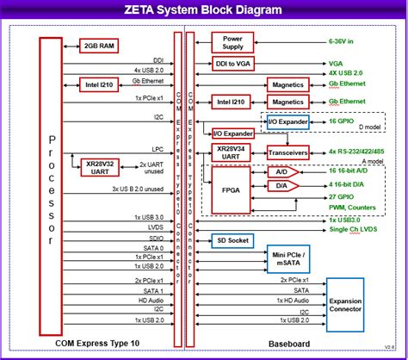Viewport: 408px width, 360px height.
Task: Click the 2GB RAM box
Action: click(100, 45)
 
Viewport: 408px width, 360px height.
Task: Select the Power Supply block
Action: click(233, 42)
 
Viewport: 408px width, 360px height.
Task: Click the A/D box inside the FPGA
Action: click(281, 171)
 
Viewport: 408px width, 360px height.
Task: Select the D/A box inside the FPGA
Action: click(281, 184)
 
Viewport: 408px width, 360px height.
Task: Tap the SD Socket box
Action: click(233, 241)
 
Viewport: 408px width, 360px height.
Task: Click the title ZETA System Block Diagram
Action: click(203, 11)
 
